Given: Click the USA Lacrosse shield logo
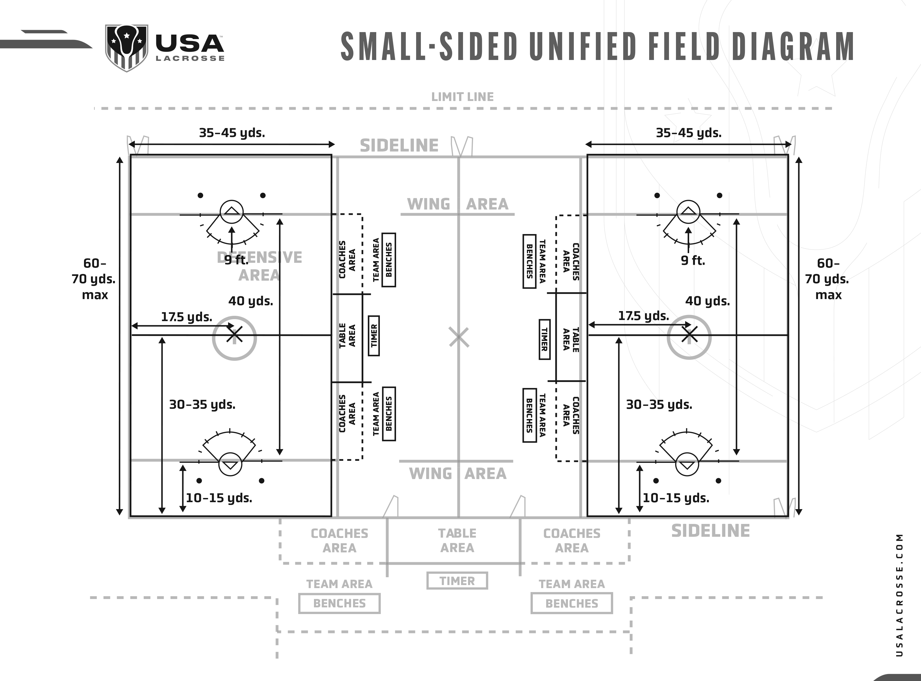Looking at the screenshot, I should click(126, 47).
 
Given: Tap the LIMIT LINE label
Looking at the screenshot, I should click(462, 97).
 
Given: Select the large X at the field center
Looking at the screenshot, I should click(459, 338).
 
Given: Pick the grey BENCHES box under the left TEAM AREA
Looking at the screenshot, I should click(339, 603).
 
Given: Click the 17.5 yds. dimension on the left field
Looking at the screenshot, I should click(186, 317).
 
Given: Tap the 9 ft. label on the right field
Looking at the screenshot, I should click(693, 261).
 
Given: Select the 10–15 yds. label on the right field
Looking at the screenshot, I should click(676, 498).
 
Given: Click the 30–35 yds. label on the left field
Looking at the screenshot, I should click(202, 405).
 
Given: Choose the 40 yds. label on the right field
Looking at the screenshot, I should click(707, 301).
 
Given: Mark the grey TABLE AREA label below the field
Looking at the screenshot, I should click(457, 540).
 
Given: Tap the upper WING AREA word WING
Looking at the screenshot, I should click(428, 204).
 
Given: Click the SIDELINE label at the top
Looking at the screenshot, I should click(399, 146).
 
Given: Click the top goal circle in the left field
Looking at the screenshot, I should click(232, 212).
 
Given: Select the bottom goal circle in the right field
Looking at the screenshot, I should click(687, 464).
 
